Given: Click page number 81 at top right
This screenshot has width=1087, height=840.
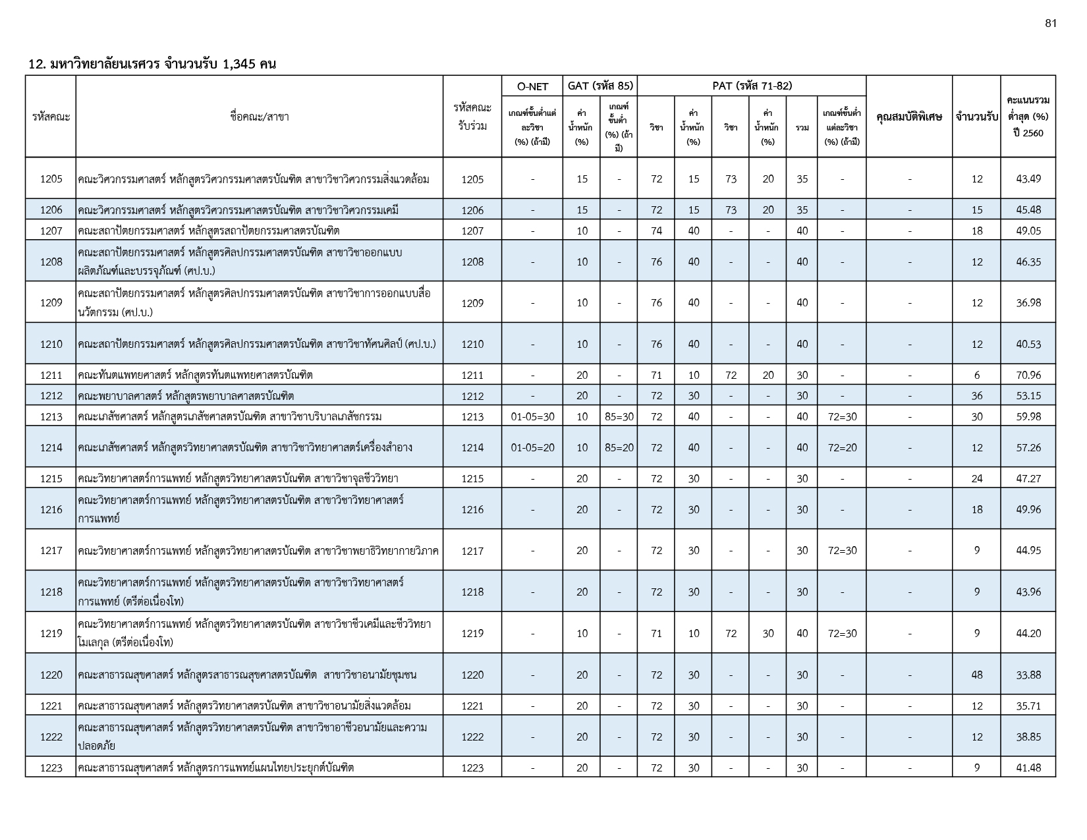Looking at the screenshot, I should pos(1051,24).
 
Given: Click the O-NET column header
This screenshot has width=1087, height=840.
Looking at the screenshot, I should pos(532,86).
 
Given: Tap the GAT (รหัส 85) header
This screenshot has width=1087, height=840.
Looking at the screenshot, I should pos(600,86).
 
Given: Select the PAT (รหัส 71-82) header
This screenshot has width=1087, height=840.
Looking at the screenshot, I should pos(752,86).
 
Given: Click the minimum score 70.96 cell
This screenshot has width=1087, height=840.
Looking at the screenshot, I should pos(1028,375).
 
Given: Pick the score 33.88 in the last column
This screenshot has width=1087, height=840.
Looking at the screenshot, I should pos(1028,675).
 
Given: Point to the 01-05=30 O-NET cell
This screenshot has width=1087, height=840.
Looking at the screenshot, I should pos(532,416).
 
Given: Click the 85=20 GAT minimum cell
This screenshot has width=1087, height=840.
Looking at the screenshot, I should pos(619,447).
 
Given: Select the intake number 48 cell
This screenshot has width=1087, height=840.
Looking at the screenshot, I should pos(976,675).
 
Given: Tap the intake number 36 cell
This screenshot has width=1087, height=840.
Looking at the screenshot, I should pos(976,396).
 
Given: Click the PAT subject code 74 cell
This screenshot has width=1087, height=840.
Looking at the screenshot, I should pos(656,231).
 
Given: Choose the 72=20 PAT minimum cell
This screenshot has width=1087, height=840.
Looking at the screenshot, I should pos(843,447).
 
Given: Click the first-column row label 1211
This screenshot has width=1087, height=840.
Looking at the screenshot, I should pos(51,375).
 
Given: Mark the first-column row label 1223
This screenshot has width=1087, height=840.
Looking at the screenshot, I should pos(51,768).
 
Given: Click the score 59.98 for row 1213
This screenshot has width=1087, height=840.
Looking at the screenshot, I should pos(1028,416).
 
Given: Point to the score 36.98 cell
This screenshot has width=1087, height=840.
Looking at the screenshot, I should pos(1028,303).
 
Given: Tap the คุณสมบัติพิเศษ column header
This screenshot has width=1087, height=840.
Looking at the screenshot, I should pos(909,117).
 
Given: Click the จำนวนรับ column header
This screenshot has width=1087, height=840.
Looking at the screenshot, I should pos(976,117).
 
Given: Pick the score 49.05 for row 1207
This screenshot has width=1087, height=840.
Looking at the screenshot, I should pos(1028,231).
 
